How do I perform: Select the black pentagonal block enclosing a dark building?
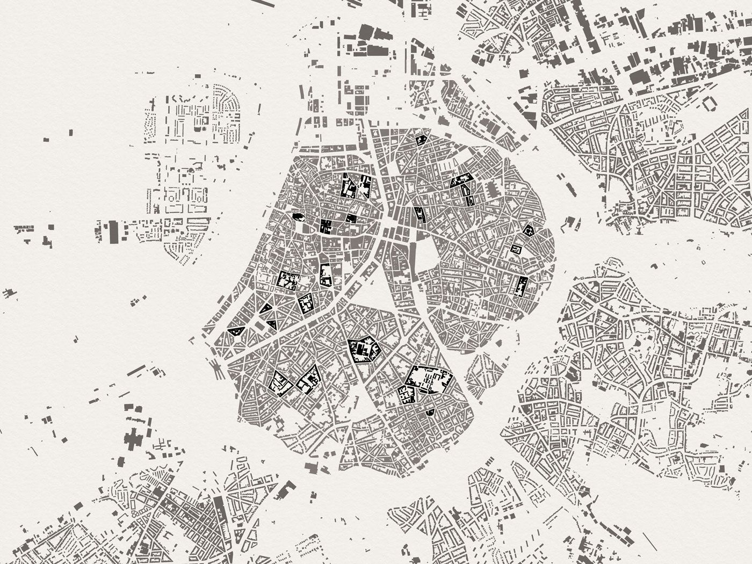tap(364, 350)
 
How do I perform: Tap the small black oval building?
tap(297, 216)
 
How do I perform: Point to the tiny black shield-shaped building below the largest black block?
tap(429, 413)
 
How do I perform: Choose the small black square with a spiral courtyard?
tap(517, 250)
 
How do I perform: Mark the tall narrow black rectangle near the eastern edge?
tap(520, 286)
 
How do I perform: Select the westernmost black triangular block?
tap(234, 331)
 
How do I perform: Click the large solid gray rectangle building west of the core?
tap(113, 232)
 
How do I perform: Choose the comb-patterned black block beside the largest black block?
tap(407, 395)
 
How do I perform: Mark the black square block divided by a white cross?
tap(326, 226)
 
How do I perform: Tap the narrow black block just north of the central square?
tap(419, 215)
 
